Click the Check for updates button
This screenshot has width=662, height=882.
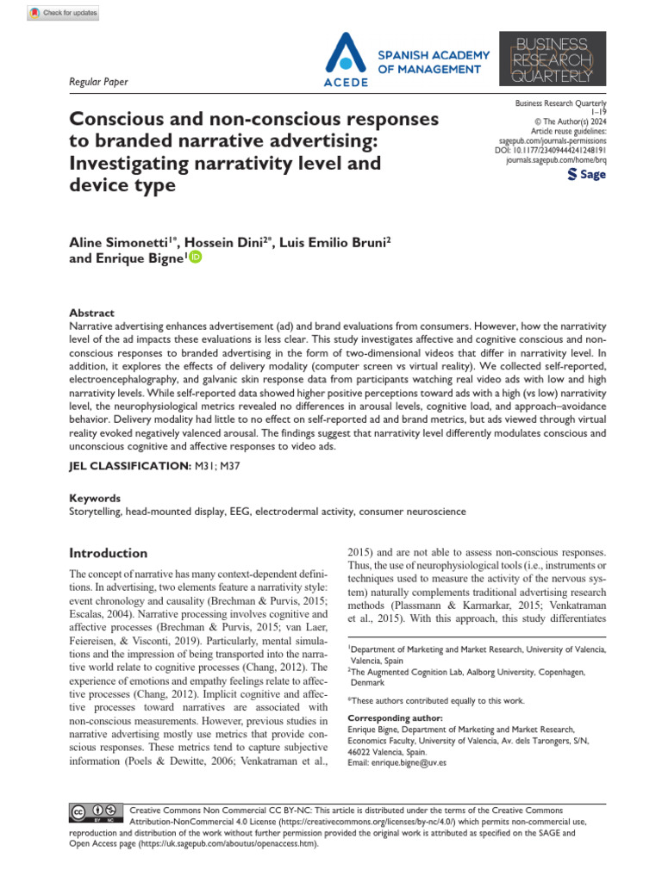[x=63, y=13]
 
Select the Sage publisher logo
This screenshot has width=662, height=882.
[x=587, y=174]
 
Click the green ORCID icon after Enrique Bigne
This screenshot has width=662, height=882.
[x=195, y=257]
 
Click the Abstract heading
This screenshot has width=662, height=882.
[x=91, y=314]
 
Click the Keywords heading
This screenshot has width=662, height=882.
[x=94, y=498]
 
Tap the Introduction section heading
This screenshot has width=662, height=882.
[x=108, y=553]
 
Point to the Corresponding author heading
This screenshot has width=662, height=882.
[x=394, y=717]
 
